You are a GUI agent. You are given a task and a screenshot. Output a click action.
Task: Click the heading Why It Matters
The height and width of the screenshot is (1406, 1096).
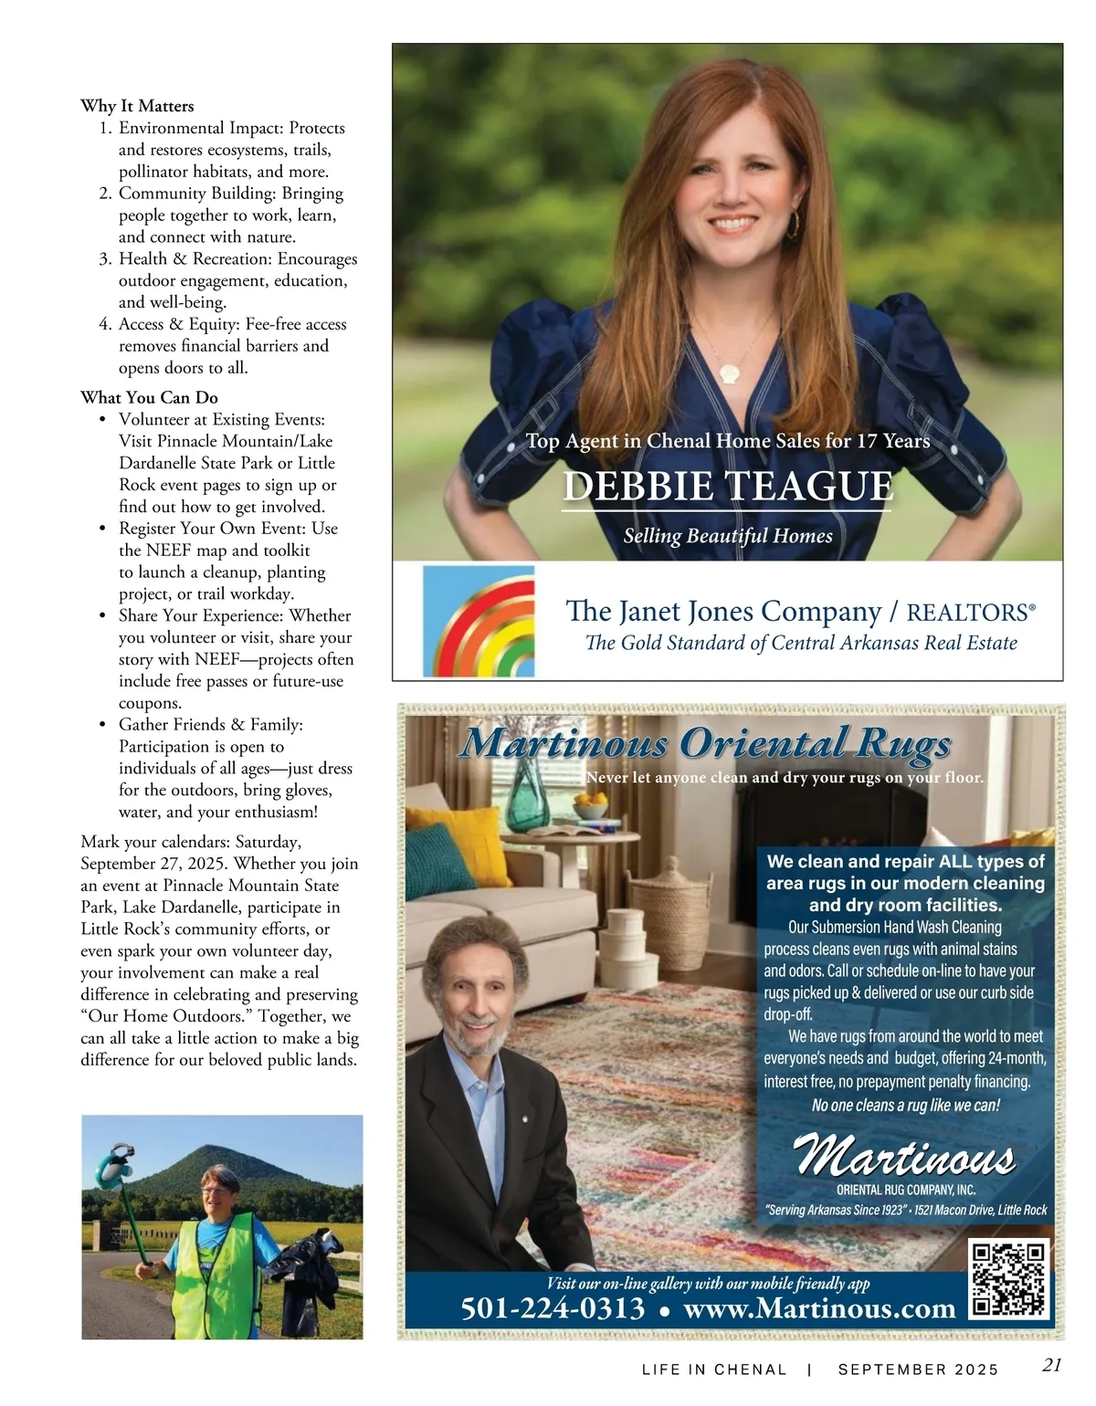[137, 106]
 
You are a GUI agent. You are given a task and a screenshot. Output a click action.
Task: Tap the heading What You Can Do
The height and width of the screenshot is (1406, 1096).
[149, 397]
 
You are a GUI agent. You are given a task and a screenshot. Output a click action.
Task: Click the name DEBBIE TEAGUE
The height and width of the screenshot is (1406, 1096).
[727, 486]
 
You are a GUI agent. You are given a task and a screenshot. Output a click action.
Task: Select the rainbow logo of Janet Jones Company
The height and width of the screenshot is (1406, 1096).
[479, 622]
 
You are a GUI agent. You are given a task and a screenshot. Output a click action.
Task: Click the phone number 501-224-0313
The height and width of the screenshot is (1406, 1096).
[553, 1308]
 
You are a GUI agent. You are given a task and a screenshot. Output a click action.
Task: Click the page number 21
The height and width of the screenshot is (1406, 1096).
[1052, 1365]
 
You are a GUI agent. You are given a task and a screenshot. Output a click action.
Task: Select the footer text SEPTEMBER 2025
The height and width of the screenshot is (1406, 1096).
[918, 1369]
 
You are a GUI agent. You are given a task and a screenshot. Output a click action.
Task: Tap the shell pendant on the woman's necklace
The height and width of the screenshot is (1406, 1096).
[730, 373]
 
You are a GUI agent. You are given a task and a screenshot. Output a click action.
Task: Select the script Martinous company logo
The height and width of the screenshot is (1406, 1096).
[904, 1157]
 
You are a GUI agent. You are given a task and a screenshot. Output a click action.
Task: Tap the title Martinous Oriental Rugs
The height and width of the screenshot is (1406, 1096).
[704, 743]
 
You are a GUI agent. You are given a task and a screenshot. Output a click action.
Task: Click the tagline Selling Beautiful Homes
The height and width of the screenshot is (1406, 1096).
[728, 536]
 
